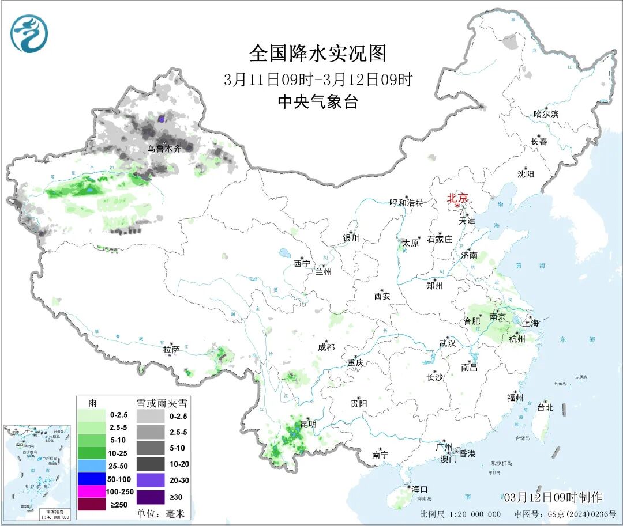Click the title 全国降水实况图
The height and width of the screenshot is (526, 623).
tap(318, 54)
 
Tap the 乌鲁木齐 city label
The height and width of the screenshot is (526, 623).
tap(164, 149)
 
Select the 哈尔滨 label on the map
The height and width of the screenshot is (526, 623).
tap(546, 114)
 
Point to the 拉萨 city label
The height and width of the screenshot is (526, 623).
tap(171, 349)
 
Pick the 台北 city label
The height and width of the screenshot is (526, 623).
tap(545, 407)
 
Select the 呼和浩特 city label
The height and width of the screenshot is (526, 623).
tap(407, 203)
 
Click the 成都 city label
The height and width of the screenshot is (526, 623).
tap(326, 347)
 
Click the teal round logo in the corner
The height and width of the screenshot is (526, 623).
tap(29, 33)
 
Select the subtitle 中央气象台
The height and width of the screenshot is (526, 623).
tap(318, 102)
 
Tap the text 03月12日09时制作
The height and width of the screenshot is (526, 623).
tap(552, 497)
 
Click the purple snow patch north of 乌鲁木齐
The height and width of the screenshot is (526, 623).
tap(162, 119)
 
